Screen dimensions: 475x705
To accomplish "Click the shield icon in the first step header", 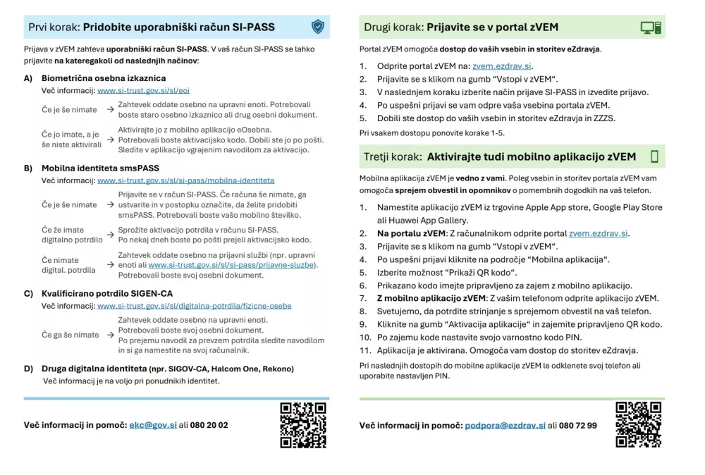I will [318, 27].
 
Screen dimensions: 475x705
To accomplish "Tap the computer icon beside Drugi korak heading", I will [650, 27].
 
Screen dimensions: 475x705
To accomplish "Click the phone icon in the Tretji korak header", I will [654, 156].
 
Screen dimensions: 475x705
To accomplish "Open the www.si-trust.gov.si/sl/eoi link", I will [143, 91].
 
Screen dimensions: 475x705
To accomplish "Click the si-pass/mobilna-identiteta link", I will [185, 180].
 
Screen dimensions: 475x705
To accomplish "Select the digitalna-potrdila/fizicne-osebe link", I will [194, 306].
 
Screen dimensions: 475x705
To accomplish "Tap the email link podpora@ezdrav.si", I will [505, 426].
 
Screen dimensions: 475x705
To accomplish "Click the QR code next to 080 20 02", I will [303, 425].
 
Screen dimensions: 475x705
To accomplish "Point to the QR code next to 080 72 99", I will [638, 425].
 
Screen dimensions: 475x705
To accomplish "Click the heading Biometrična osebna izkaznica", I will [104, 78].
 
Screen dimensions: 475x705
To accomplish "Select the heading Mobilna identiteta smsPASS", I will [100, 168].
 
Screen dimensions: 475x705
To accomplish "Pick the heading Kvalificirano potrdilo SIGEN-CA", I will [107, 293].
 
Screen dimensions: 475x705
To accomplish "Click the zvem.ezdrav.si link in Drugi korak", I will [503, 66].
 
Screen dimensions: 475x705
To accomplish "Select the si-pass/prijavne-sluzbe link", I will [233, 265].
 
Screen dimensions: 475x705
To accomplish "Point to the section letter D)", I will [28, 369].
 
